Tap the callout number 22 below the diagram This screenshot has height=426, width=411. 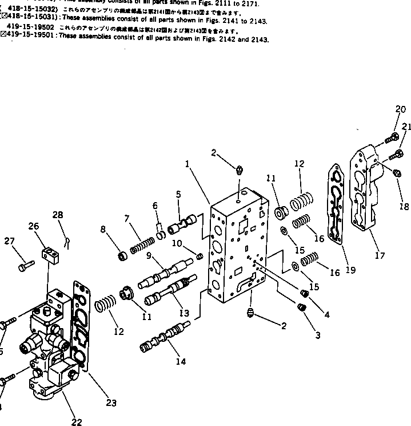(76, 422)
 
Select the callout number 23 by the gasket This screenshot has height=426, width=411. (111, 403)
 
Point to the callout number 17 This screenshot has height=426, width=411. (380, 255)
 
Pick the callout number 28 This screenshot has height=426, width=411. (58, 215)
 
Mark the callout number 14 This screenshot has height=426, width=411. (181, 362)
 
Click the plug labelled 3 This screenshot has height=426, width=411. (301, 307)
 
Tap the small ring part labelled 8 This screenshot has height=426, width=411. (121, 255)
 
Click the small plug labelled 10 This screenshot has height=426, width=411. (201, 255)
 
